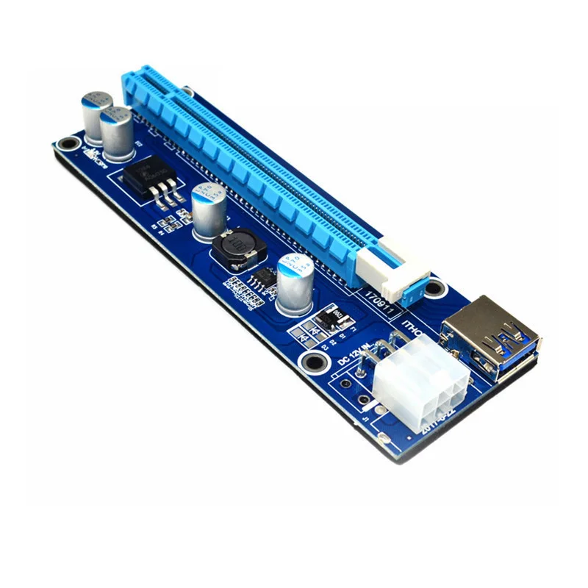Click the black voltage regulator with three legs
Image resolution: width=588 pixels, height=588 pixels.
[x=151, y=179]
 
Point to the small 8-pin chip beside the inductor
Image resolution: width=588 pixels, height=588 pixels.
[x=261, y=278]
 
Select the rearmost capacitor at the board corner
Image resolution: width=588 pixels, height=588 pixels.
[x=96, y=117]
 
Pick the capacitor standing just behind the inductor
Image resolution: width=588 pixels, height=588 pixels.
[x=208, y=210]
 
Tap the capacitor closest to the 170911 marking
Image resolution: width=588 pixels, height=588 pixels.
[x=296, y=283]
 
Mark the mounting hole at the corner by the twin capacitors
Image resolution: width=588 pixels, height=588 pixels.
[x=68, y=142]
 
